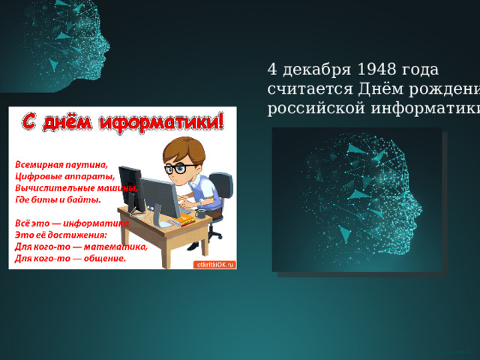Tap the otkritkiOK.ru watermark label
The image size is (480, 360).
pyautogui.click(x=215, y=265)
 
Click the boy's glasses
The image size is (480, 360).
pyautogui.click(x=177, y=169)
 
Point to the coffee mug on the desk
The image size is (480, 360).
pyautogui.click(x=201, y=213)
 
